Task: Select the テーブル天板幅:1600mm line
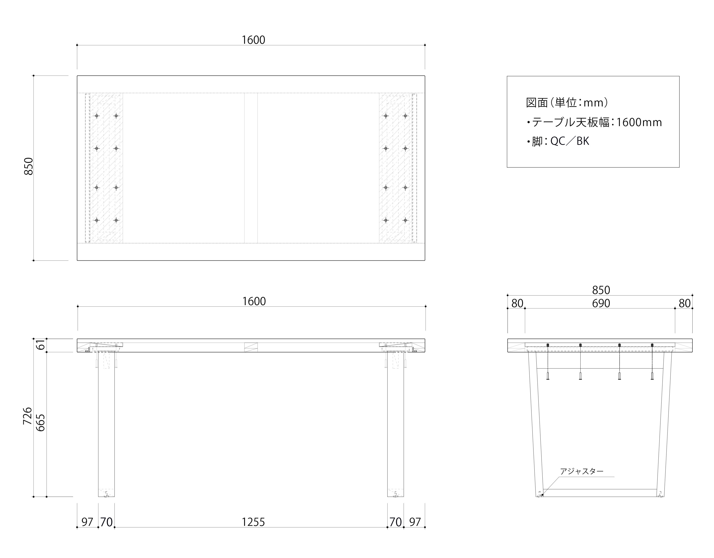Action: click(x=594, y=122)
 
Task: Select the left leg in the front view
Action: click(x=106, y=425)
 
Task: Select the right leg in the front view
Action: click(x=396, y=425)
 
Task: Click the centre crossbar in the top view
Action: click(x=251, y=168)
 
